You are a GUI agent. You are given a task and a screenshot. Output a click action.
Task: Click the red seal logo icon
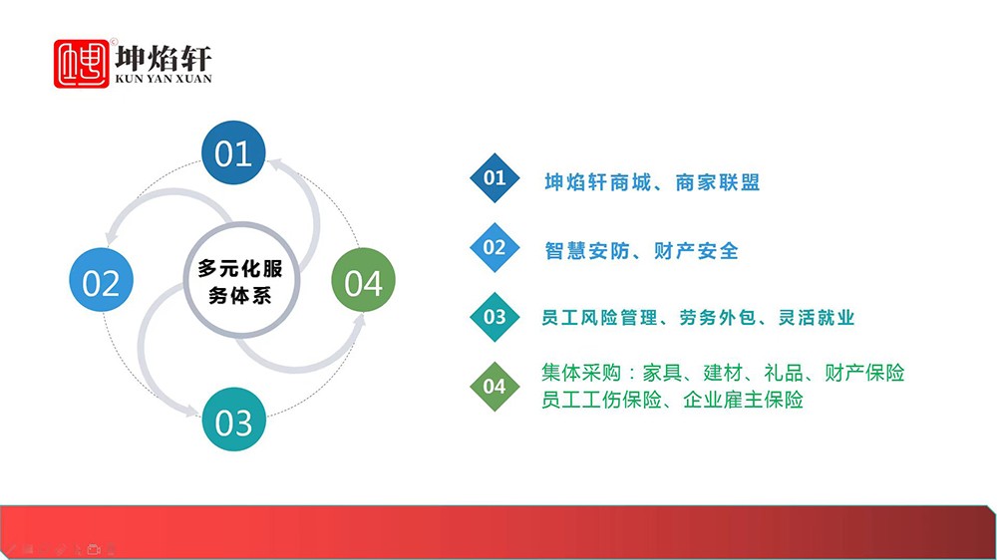coord(82,64)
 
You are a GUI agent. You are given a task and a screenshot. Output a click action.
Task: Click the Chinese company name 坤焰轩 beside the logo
coord(163,58)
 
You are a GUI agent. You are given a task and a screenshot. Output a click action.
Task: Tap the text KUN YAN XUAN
coord(163,79)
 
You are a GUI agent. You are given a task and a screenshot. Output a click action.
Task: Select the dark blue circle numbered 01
coord(233,152)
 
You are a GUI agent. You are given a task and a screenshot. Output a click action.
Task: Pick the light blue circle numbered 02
coord(101,280)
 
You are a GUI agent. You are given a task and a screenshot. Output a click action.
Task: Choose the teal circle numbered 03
coord(234,420)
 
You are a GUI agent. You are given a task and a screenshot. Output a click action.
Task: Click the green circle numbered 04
coord(363,280)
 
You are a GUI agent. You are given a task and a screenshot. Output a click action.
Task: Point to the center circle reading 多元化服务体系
coord(241,280)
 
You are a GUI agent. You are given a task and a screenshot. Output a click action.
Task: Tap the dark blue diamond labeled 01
coord(495,178)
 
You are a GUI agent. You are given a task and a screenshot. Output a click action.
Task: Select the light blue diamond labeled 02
coord(495,247)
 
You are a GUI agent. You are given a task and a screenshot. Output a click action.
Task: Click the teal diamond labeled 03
coord(495,317)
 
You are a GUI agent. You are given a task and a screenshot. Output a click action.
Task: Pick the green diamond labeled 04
coord(495,386)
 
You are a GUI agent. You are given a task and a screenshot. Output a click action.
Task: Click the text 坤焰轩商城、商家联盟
coord(652,182)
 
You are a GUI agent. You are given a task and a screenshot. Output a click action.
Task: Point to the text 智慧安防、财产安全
coord(641,251)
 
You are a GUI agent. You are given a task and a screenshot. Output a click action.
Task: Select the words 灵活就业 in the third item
coord(817,317)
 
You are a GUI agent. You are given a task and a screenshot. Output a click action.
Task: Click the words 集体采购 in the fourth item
coord(581,373)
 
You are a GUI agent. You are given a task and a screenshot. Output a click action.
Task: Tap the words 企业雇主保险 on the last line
coord(744,400)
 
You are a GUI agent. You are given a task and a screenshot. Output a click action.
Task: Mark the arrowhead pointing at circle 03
coord(191,412)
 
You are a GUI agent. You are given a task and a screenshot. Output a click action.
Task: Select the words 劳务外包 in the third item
coord(719,317)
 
